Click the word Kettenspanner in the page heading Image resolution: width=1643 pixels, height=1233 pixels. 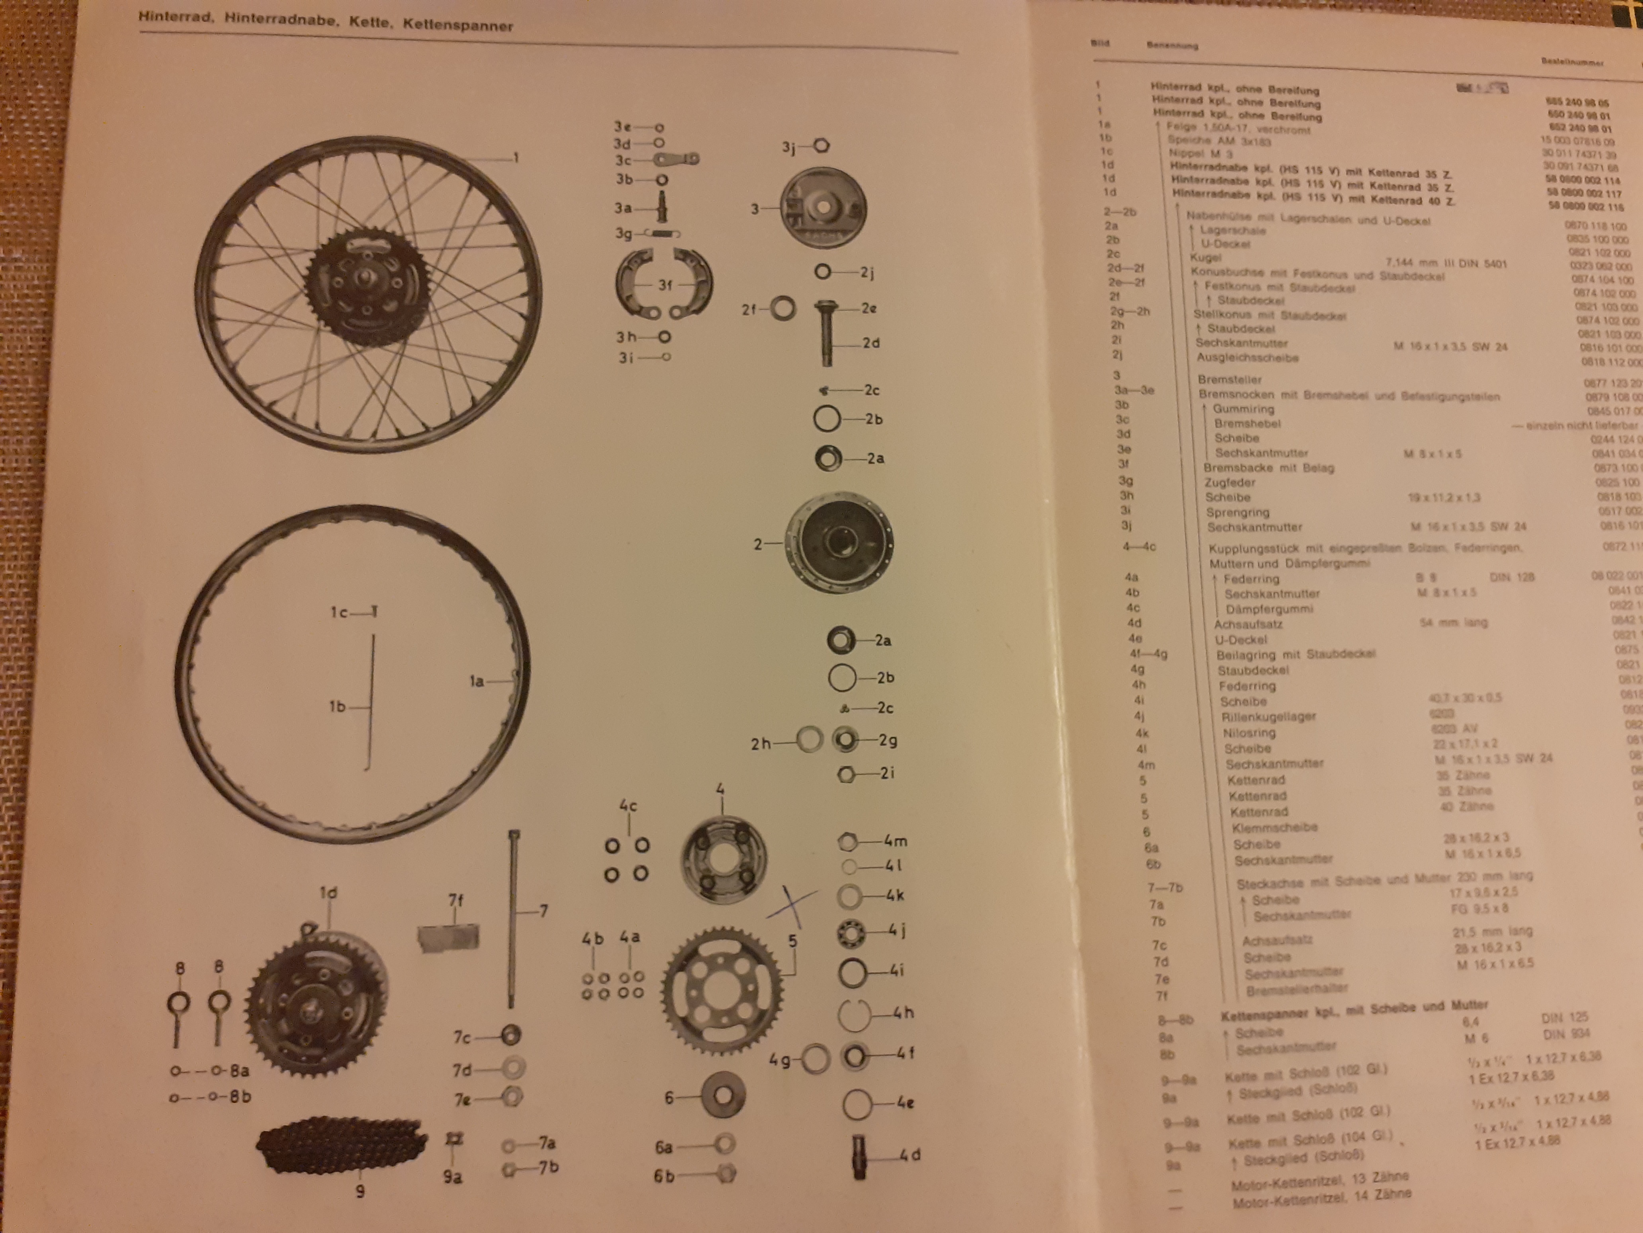[x=458, y=25]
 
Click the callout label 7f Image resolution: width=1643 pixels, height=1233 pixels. [x=455, y=900]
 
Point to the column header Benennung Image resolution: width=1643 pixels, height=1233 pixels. [x=1172, y=45]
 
